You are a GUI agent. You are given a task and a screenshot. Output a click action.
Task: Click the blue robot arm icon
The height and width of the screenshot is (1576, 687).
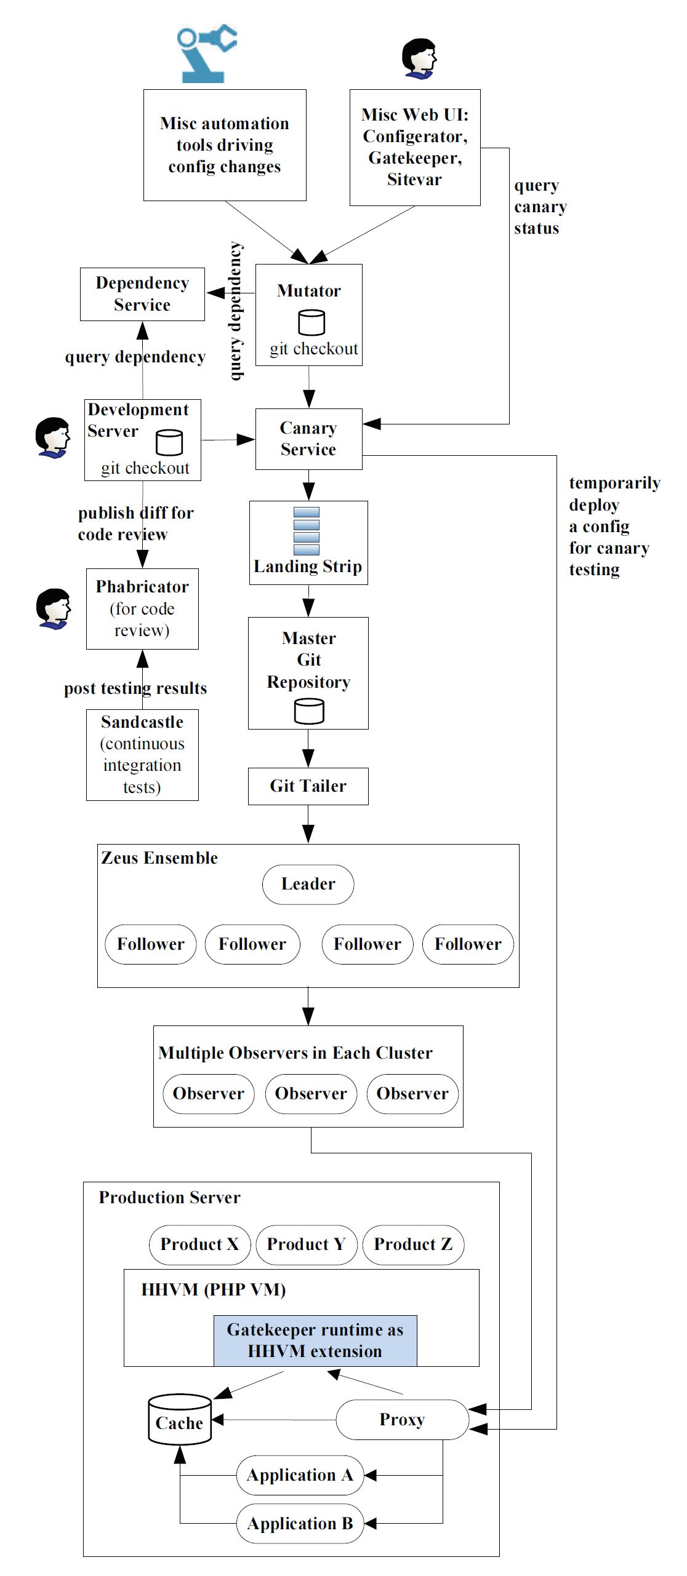pyautogui.click(x=206, y=54)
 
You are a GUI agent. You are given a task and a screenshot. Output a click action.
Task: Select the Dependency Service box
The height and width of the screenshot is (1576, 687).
pyautogui.click(x=142, y=294)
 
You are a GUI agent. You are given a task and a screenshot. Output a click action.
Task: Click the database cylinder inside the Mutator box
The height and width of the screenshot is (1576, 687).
pyautogui.click(x=311, y=322)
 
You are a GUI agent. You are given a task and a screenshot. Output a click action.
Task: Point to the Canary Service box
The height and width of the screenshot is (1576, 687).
pyautogui.click(x=308, y=439)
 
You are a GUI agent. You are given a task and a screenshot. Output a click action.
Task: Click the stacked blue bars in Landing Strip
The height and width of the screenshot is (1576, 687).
pyautogui.click(x=307, y=531)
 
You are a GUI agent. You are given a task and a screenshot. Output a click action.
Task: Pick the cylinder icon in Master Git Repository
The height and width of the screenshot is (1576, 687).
pyautogui.click(x=308, y=711)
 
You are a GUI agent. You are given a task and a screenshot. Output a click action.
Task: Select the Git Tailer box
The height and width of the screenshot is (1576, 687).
pyautogui.click(x=308, y=786)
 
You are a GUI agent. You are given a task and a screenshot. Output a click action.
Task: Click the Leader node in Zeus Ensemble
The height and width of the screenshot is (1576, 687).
pyautogui.click(x=308, y=884)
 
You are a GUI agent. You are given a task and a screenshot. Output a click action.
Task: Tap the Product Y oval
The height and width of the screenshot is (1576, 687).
pyautogui.click(x=306, y=1244)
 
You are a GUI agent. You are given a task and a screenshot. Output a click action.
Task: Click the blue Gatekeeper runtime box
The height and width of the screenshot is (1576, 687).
pyautogui.click(x=315, y=1340)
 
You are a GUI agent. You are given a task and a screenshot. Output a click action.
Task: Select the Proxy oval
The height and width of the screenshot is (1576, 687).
pyautogui.click(x=402, y=1420)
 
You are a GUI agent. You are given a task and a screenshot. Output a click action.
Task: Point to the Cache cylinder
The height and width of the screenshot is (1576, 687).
pyautogui.click(x=180, y=1420)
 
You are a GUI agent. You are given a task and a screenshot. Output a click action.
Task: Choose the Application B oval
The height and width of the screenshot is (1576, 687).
pyautogui.click(x=300, y=1523)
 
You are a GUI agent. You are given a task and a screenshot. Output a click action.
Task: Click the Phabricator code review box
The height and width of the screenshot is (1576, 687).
pyautogui.click(x=142, y=608)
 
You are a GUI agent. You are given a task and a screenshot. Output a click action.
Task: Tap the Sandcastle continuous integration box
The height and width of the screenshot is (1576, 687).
pyautogui.click(x=142, y=754)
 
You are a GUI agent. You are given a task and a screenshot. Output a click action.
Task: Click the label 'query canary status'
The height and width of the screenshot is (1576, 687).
pyautogui.click(x=539, y=207)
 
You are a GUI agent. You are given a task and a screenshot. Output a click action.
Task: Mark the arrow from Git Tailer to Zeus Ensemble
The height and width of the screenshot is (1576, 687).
pyautogui.click(x=308, y=824)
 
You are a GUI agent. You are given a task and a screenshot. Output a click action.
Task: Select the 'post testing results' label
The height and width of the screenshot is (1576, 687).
pyautogui.click(x=135, y=688)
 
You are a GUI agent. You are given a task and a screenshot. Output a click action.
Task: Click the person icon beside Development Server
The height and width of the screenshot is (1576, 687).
pyautogui.click(x=52, y=438)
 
